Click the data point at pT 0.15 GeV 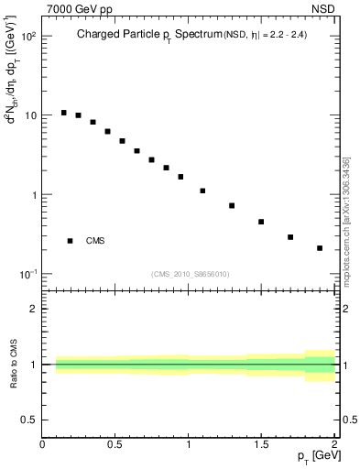[63, 113]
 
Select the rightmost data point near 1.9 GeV [320, 248]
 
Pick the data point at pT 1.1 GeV [202, 191]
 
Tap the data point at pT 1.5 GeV [261, 222]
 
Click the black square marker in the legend [70, 241]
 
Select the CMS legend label [95, 241]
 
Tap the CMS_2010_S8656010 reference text [189, 273]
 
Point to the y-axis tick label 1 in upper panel [33, 195]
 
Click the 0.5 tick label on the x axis [115, 443]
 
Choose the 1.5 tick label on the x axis [261, 443]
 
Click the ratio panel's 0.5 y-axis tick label [29, 420]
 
